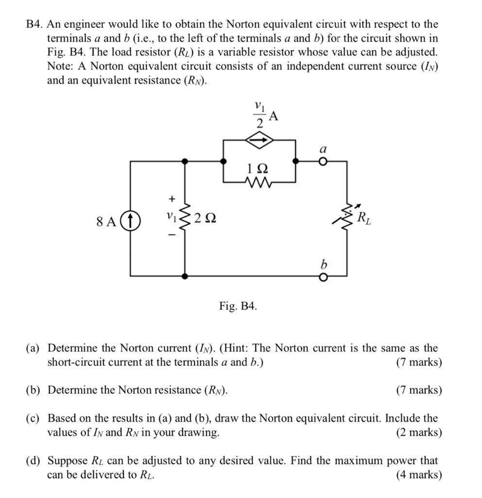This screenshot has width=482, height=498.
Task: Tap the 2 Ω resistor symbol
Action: [185, 220]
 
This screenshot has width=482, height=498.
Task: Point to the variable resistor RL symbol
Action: [347, 219]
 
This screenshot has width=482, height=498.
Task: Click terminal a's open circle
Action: [322, 162]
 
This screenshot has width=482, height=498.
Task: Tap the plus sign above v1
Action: [170, 198]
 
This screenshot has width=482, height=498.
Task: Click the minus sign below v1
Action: [170, 236]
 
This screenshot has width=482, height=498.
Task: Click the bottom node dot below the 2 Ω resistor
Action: [185, 276]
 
